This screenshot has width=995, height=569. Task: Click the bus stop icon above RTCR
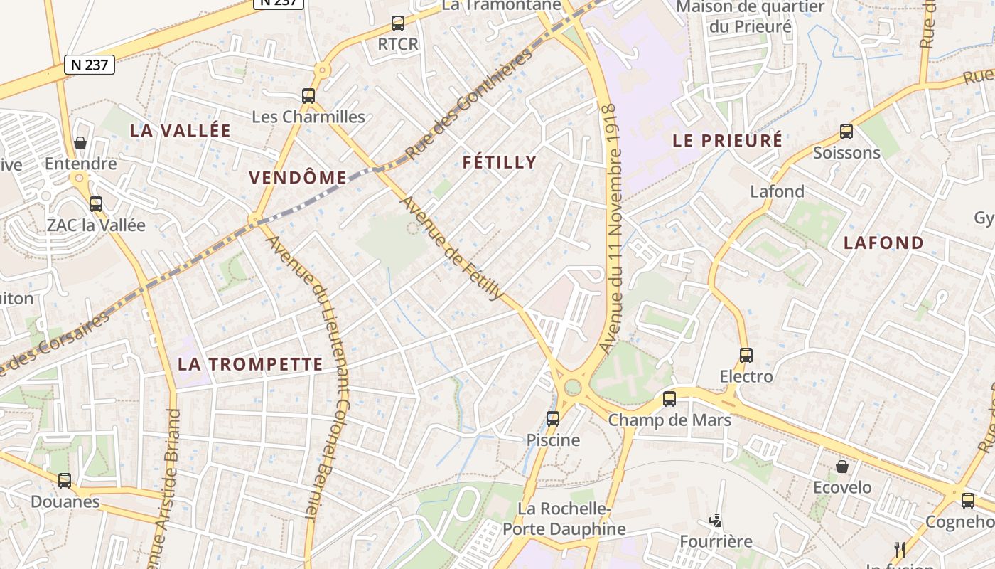(x=398, y=23)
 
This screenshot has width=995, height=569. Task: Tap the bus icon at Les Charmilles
(x=308, y=95)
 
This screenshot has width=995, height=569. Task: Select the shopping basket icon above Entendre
(x=80, y=143)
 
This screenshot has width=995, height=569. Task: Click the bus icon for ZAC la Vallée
(x=96, y=204)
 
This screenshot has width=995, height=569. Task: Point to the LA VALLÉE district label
(x=181, y=131)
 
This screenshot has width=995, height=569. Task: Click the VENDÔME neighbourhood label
(x=298, y=178)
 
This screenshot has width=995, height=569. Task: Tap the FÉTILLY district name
(x=500, y=162)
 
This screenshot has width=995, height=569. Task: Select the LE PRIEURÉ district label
(x=727, y=140)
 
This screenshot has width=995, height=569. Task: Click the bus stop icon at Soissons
(x=846, y=132)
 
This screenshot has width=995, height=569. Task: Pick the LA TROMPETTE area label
(x=250, y=365)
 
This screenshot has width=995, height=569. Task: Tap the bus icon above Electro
(x=746, y=355)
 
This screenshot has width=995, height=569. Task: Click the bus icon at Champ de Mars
(x=669, y=399)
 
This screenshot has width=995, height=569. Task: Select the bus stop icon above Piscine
(x=553, y=419)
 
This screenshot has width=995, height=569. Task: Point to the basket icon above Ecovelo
(x=842, y=467)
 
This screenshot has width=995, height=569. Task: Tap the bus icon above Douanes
(x=65, y=481)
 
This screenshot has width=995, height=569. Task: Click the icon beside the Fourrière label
(x=715, y=521)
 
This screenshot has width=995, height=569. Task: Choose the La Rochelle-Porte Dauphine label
(x=564, y=519)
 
